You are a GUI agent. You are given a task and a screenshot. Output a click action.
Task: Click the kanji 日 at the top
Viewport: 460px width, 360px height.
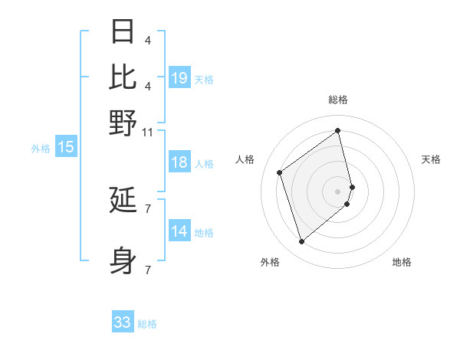point(123,31)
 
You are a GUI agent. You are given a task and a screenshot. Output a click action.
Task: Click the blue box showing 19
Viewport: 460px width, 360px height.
point(179,77)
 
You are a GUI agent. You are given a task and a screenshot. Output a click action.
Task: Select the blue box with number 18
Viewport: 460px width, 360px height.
point(179,162)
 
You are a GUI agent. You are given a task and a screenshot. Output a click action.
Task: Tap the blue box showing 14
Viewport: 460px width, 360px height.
point(179,232)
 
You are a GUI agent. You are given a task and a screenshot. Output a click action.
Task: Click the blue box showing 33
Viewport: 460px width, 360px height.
point(123,322)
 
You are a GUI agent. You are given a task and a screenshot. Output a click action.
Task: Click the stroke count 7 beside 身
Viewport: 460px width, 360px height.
point(147,270)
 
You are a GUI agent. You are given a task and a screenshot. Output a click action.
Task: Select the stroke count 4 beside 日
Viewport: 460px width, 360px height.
point(147,40)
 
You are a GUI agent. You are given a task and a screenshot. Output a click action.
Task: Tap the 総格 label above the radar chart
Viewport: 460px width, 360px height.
point(337,100)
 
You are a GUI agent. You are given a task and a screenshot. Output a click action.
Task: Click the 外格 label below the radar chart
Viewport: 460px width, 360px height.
point(269,262)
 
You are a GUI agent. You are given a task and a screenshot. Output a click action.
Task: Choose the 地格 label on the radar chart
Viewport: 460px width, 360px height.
point(402,262)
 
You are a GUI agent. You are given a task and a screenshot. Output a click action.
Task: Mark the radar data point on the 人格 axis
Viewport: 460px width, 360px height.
point(280,172)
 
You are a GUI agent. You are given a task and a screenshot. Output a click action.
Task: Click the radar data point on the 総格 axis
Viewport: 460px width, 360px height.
point(337,130)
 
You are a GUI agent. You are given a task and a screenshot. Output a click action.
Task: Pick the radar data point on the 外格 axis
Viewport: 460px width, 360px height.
point(301,242)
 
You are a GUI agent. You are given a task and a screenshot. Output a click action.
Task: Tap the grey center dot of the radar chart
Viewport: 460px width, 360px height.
point(338,191)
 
